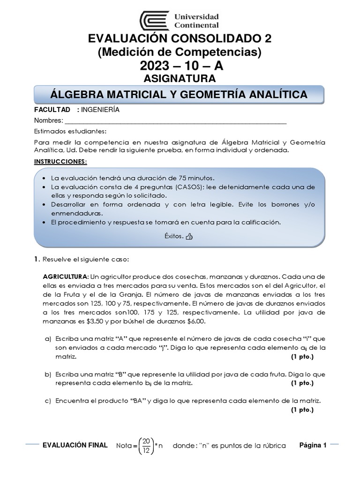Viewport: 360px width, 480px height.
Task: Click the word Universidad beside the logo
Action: click(x=197, y=16)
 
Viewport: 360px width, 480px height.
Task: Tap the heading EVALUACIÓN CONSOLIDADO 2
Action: click(x=180, y=38)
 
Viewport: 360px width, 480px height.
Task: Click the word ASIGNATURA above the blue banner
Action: click(x=180, y=77)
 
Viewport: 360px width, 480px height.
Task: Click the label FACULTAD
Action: click(x=52, y=110)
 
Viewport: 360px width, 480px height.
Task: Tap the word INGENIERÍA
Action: click(x=100, y=110)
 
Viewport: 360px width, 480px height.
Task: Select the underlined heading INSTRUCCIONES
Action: click(x=60, y=161)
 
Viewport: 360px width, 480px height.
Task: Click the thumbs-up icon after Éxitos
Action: click(x=189, y=237)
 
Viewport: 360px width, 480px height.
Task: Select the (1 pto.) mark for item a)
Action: click(x=302, y=357)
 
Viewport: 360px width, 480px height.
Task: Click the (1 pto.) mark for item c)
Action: click(x=302, y=409)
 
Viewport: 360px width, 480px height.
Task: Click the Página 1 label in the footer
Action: click(x=313, y=445)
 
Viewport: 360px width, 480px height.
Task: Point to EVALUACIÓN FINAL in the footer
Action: click(x=75, y=445)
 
